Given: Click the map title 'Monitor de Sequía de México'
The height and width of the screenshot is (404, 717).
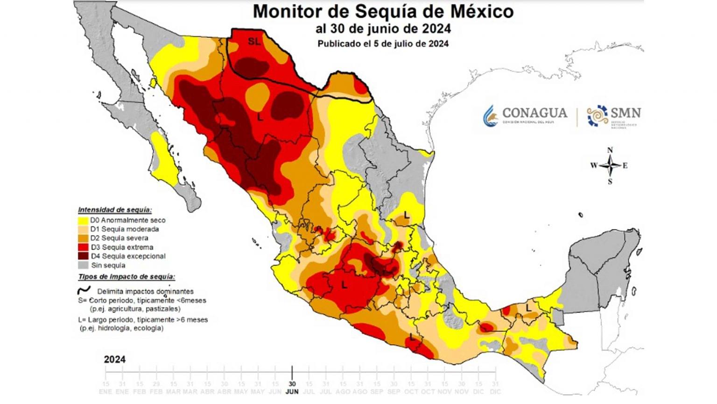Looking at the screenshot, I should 383,11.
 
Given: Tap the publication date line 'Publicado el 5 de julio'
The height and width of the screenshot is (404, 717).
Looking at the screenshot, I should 383,44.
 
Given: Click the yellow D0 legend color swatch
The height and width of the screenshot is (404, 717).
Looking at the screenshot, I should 83,220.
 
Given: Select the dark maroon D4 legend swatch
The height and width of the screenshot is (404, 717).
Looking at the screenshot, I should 83,256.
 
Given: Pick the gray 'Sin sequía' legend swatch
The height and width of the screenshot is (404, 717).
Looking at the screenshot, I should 83,265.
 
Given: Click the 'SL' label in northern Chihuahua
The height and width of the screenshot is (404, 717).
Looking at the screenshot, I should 254,42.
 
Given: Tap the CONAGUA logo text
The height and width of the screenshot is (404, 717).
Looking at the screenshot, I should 534,113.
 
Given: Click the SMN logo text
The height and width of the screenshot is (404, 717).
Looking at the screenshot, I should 626,113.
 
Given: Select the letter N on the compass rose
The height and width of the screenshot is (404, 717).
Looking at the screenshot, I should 610,150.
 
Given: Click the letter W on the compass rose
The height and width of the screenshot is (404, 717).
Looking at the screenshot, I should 594,166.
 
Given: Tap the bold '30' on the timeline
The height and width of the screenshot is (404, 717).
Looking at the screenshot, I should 292,383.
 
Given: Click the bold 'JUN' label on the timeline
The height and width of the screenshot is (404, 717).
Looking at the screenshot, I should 292,391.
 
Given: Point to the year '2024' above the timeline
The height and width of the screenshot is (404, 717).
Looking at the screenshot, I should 114,360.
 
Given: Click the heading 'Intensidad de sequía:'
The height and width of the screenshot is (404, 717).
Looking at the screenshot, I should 115,210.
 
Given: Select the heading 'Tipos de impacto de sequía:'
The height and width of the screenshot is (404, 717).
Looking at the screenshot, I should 127,277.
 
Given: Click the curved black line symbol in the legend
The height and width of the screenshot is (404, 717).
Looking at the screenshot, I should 84,290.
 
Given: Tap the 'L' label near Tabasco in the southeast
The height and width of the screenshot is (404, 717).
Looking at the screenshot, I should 528,308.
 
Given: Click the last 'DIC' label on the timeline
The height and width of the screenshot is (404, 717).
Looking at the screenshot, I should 495,391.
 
